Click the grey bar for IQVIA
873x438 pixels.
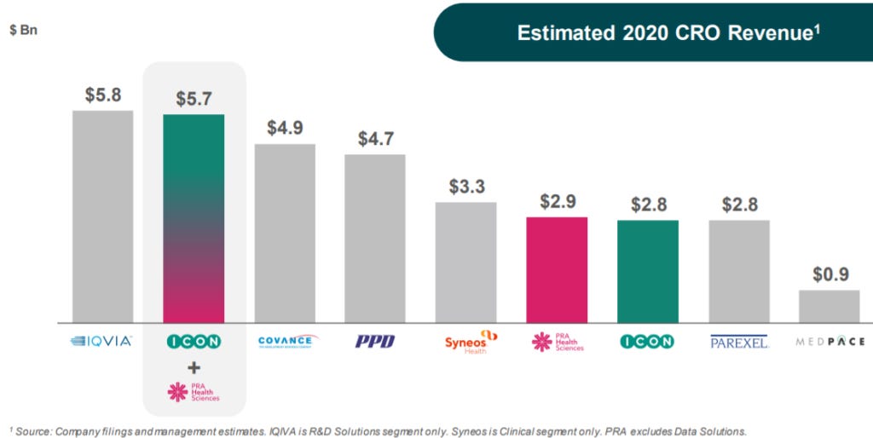coord(102,216)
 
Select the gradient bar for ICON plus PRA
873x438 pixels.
coord(194,218)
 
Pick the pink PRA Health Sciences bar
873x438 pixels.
coord(557,269)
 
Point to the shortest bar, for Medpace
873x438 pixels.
coord(829,306)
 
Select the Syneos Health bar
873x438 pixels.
coord(465,262)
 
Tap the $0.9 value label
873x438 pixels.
coord(829,275)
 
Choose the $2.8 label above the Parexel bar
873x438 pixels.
coord(739,205)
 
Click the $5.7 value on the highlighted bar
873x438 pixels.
coord(194,99)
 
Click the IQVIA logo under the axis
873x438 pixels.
coord(101,342)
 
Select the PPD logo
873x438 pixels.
coord(375,342)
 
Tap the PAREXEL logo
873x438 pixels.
coord(739,342)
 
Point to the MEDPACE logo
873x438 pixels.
coord(830,342)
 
